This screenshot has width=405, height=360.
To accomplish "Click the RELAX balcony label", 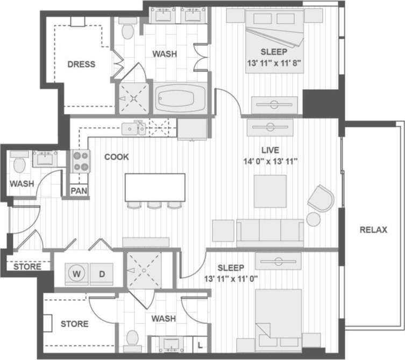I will [x=373, y=230].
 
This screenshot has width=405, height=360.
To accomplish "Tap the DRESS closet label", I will [x=81, y=64].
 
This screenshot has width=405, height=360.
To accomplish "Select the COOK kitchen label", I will [x=117, y=157].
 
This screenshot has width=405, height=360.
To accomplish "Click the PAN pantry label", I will [x=79, y=190].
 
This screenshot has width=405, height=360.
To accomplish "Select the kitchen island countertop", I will [x=155, y=187].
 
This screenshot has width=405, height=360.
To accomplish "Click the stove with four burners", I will [x=81, y=160].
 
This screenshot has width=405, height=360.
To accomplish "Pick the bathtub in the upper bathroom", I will [x=181, y=98].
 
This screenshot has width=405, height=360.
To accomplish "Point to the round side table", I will [x=314, y=219].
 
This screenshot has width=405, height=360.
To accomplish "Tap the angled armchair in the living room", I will [x=321, y=199].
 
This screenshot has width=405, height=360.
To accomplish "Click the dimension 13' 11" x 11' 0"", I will [x=231, y=279].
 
